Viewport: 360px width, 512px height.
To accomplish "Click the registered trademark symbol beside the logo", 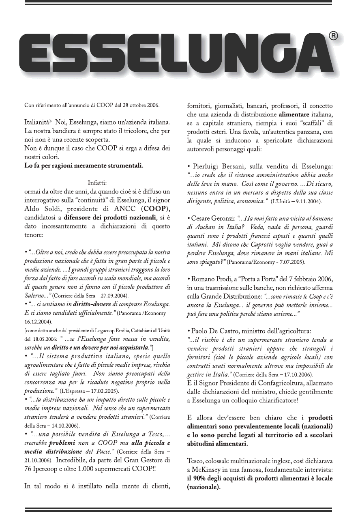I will point(332,36).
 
